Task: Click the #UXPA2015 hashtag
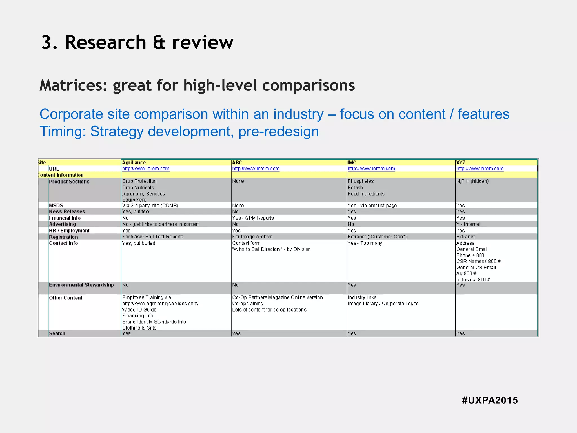(490, 400)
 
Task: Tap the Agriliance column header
(134, 162)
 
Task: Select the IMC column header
(352, 162)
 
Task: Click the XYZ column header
(461, 162)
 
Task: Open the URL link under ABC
(256, 169)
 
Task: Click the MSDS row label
(56, 205)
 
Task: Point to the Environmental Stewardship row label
(81, 285)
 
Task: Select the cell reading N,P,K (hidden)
(472, 181)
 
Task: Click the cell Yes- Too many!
(365, 243)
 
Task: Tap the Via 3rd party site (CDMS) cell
(150, 205)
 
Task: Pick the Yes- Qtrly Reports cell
(253, 218)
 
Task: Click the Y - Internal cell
(468, 224)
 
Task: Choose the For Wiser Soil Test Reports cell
(152, 237)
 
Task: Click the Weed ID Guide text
(139, 310)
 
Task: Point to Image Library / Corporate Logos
(383, 304)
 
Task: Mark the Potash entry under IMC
(355, 187)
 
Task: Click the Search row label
(57, 333)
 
